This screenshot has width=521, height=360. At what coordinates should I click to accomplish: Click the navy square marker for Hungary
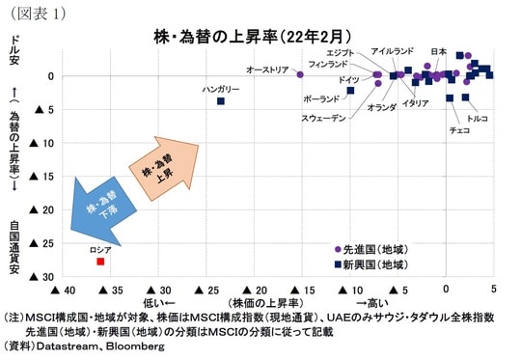click(x=221, y=101)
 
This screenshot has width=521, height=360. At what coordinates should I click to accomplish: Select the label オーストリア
click(x=267, y=69)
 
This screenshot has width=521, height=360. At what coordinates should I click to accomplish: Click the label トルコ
click(x=477, y=117)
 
